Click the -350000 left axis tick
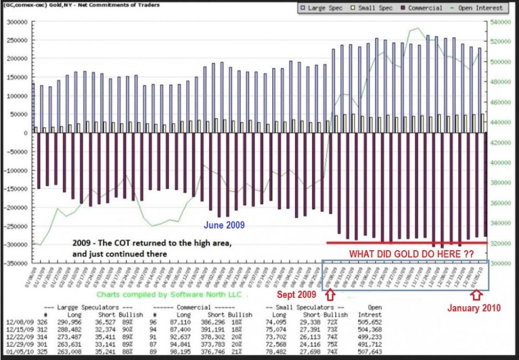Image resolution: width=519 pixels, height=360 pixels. [x=16, y=263]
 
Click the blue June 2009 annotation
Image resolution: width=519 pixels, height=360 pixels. [x=224, y=226]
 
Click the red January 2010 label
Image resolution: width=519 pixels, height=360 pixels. [x=474, y=308]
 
